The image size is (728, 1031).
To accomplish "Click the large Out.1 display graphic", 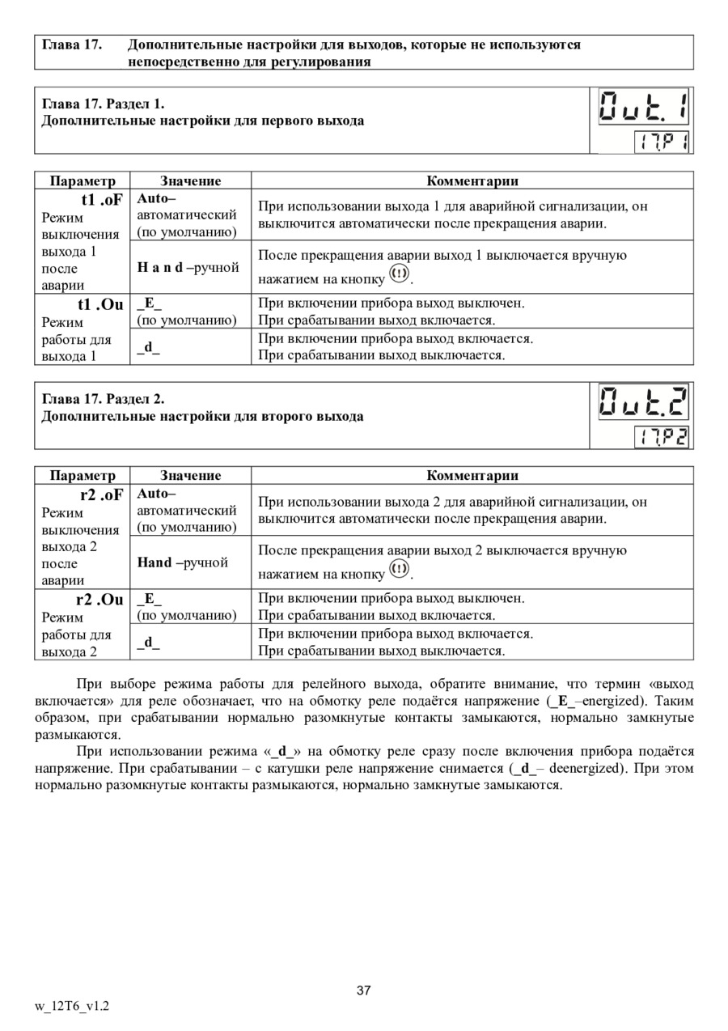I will [x=643, y=107].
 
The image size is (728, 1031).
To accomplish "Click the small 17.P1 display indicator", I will [x=661, y=142].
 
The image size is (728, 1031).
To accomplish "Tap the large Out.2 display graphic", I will [x=643, y=402].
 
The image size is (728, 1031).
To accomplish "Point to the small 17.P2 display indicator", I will [x=661, y=438].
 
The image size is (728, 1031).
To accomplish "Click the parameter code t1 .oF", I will [x=102, y=199].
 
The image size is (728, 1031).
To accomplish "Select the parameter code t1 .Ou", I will [x=100, y=304].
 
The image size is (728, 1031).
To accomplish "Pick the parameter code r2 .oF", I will [x=101, y=494].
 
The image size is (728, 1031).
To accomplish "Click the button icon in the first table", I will [x=399, y=275].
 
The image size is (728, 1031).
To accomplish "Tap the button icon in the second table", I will [x=399, y=571].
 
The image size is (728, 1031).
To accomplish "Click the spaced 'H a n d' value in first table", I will [x=160, y=267].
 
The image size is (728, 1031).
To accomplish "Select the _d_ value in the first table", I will [x=148, y=347].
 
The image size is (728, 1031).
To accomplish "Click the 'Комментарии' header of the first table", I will [x=472, y=180].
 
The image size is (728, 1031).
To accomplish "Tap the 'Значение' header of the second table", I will [x=190, y=476].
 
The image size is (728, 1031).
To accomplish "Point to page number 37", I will [x=363, y=991].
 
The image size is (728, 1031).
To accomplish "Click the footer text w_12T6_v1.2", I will [x=72, y=1006].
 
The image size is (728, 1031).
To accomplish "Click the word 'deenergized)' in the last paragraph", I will [x=586, y=768].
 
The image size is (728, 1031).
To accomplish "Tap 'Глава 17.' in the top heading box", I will [x=71, y=45].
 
